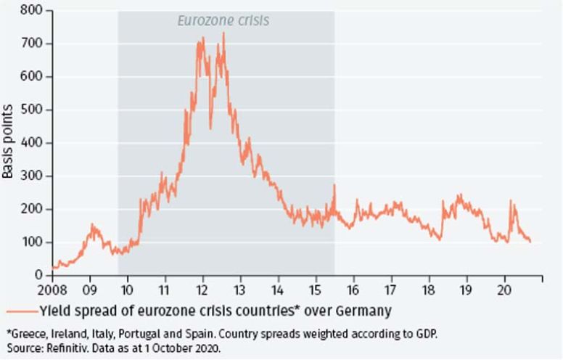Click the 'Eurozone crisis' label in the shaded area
click(x=223, y=20)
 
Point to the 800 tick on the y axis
click(x=33, y=11)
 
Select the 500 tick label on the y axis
click(x=33, y=110)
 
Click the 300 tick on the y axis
click(x=33, y=176)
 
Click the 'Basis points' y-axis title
click(x=10, y=143)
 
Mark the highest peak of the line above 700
click(x=223, y=33)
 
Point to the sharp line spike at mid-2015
click(x=334, y=186)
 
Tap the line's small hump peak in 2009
click(x=92, y=225)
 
